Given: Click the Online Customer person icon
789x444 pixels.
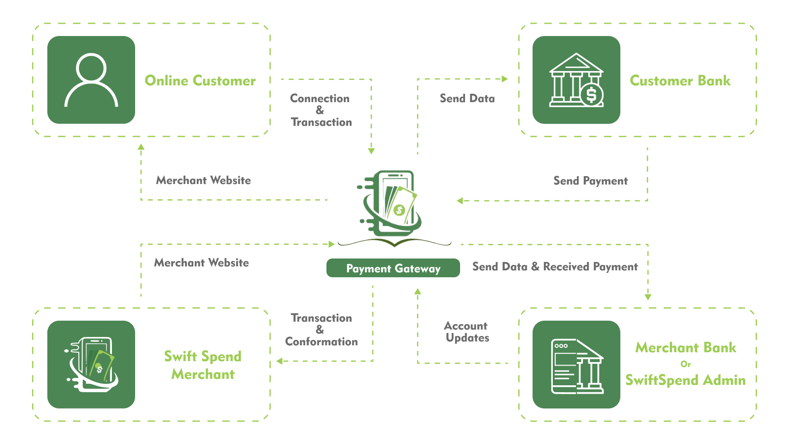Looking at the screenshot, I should [91, 80].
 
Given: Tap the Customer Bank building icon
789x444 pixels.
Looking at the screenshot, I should [576, 80].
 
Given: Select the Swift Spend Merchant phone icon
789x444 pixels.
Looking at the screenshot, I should [91, 365].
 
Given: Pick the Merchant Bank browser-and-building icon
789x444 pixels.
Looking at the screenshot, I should [576, 365].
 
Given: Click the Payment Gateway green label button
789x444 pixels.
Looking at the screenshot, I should [393, 268].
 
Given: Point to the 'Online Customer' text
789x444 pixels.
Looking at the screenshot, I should [200, 80].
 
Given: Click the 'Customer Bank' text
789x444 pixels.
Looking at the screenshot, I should [680, 80].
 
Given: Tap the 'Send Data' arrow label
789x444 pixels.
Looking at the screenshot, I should [467, 99].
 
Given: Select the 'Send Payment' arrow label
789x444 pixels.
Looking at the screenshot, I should [590, 181].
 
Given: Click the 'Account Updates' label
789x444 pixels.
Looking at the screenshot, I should [466, 332].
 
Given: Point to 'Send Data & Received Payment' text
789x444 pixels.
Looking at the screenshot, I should [555, 267].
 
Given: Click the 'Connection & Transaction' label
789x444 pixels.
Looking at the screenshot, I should [321, 111].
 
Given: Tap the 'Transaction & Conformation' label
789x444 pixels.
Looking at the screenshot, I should [321, 330].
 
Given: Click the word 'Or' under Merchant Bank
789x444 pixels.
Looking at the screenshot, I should [685, 364].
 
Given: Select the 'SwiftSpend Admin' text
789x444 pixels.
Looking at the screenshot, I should [685, 380].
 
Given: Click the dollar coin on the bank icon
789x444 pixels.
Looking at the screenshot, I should [591, 94].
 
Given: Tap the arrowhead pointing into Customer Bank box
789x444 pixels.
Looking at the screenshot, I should [504, 79].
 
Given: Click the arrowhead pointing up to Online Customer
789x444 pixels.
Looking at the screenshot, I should [141, 147].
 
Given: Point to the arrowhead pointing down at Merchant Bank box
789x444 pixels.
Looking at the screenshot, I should [648, 297].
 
